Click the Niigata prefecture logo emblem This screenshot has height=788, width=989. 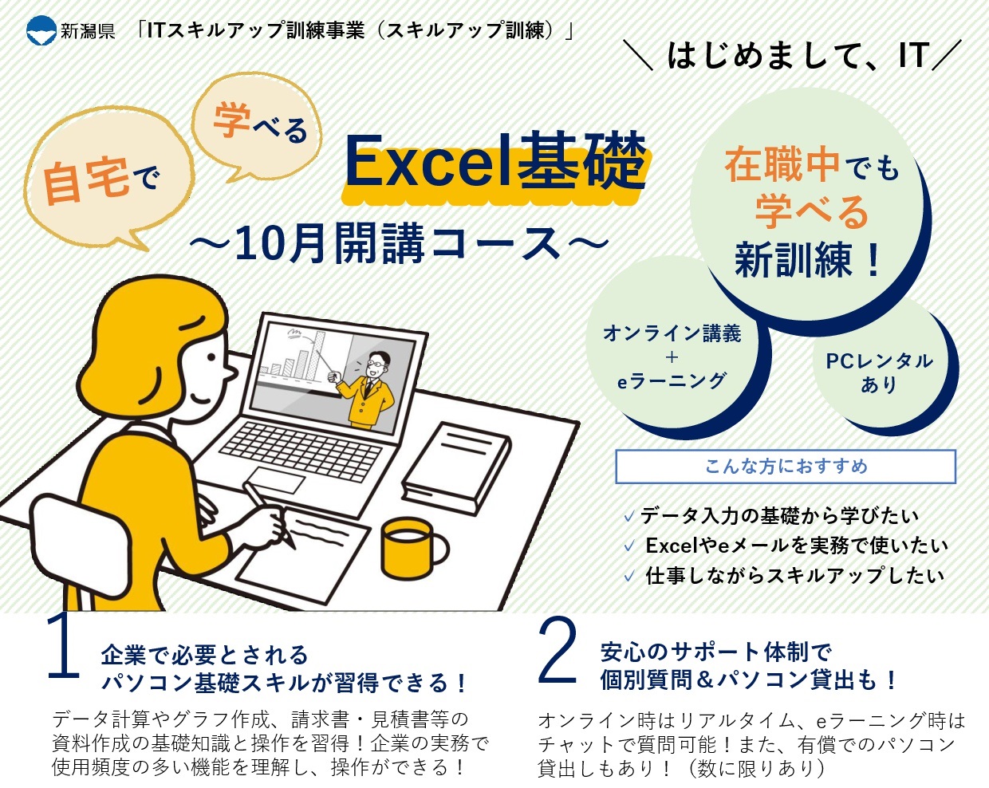[41, 30]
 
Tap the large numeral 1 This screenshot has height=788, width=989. [64, 647]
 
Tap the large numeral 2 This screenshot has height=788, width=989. [557, 649]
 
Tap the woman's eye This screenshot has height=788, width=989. [211, 357]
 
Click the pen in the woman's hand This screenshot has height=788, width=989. [269, 514]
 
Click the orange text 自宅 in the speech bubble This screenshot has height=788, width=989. [86, 181]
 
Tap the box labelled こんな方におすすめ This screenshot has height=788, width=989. [786, 467]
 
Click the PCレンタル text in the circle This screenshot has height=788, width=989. [879, 361]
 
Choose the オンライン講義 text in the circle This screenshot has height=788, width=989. [672, 333]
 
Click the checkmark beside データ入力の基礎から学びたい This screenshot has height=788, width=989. [629, 517]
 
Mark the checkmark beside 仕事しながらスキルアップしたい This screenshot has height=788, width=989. [629, 575]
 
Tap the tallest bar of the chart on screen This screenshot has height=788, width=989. [317, 356]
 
